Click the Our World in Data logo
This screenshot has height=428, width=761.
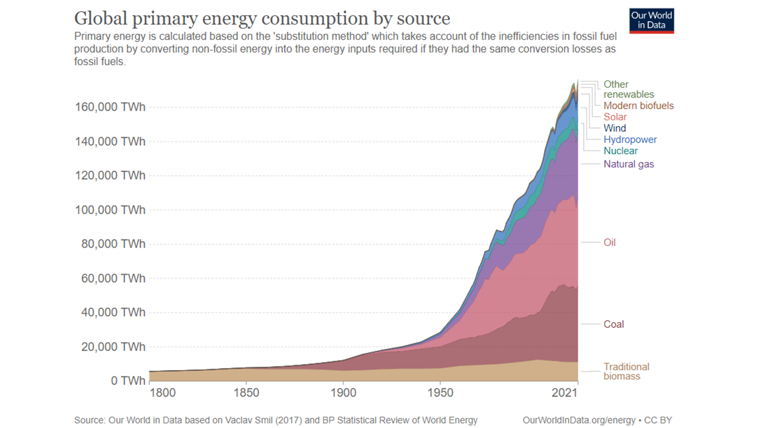[x=651, y=21]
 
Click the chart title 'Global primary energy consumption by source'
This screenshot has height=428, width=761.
[x=262, y=19]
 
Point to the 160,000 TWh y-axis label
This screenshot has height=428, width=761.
[x=110, y=107]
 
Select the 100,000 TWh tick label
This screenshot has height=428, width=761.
[x=110, y=210]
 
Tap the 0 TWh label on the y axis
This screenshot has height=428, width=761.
[x=128, y=380]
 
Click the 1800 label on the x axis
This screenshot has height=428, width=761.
[x=163, y=393]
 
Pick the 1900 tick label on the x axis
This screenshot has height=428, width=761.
[x=343, y=393]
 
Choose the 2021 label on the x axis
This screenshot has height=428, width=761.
[x=564, y=393]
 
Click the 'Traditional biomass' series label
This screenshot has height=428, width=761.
[x=626, y=371]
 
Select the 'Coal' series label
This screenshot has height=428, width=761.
[x=614, y=324]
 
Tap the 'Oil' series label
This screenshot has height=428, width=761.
[x=610, y=243]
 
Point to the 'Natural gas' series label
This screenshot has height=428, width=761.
[x=629, y=164]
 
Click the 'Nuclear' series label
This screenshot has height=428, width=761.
[x=620, y=151]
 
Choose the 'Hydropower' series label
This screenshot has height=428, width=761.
[x=630, y=139]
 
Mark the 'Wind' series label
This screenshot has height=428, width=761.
[x=615, y=128]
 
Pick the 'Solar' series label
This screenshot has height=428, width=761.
[x=615, y=117]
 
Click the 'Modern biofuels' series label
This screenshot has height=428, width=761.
[x=638, y=106]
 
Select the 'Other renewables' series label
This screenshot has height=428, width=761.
[x=628, y=89]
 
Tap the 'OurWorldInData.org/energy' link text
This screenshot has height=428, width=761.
[x=579, y=420]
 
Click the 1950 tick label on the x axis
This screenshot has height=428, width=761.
[x=440, y=393]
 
